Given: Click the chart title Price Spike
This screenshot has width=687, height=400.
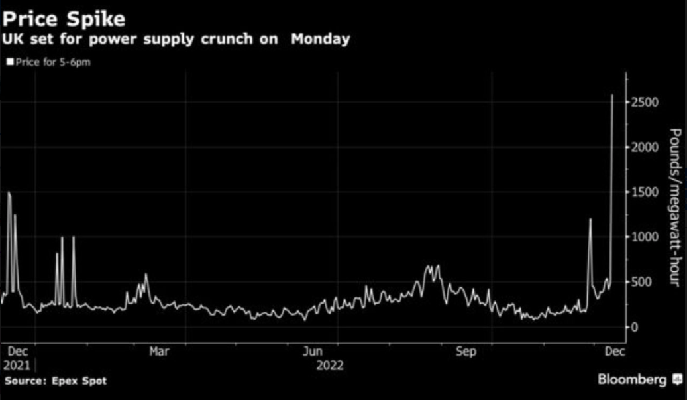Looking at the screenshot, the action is pos(64,19).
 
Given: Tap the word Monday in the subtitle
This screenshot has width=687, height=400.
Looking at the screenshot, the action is pos(320,40).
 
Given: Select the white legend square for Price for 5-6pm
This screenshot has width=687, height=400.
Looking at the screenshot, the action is pos(10,62).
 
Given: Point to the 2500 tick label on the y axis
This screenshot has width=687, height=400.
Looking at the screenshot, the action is pos(645,102).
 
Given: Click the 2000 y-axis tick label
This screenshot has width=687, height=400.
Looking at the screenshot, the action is pos(645,147).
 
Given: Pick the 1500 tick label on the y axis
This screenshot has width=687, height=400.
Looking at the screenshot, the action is pos(645,192).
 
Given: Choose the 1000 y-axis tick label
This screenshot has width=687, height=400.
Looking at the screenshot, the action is pos(645,237).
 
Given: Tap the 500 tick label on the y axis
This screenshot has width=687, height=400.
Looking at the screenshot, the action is pos(641,282).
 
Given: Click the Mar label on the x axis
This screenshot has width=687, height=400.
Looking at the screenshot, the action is pos(159,352).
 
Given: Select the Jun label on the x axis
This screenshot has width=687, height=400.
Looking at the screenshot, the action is pos(313,352).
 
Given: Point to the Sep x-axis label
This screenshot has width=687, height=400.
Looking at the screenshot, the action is pos(466,352).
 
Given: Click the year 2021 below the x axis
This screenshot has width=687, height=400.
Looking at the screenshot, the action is pos(17,366).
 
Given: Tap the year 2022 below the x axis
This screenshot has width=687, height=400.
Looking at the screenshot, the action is pos(330,366).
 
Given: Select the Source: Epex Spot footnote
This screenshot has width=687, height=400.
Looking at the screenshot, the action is pos(56,381).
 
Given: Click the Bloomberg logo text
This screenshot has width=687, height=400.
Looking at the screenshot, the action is pos(632,380).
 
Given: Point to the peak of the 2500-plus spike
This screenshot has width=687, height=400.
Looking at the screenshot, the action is pos(612,94).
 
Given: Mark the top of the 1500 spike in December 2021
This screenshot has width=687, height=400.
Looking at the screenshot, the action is pos(9,192).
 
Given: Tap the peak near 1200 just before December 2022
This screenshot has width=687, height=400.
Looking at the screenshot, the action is pos(590,218).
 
